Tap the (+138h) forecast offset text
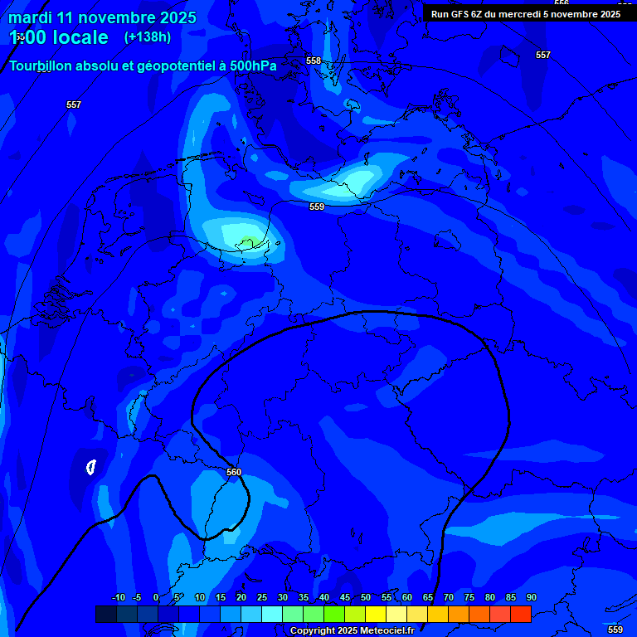(148, 37)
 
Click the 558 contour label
(314, 61)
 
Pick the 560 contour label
(234, 472)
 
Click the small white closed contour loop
(91, 467)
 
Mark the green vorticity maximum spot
(247, 242)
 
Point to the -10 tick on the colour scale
(118, 597)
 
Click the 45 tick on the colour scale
(345, 597)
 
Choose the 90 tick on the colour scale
(532, 597)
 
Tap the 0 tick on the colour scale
(157, 597)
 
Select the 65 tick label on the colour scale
(428, 597)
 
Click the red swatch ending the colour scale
(521, 614)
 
